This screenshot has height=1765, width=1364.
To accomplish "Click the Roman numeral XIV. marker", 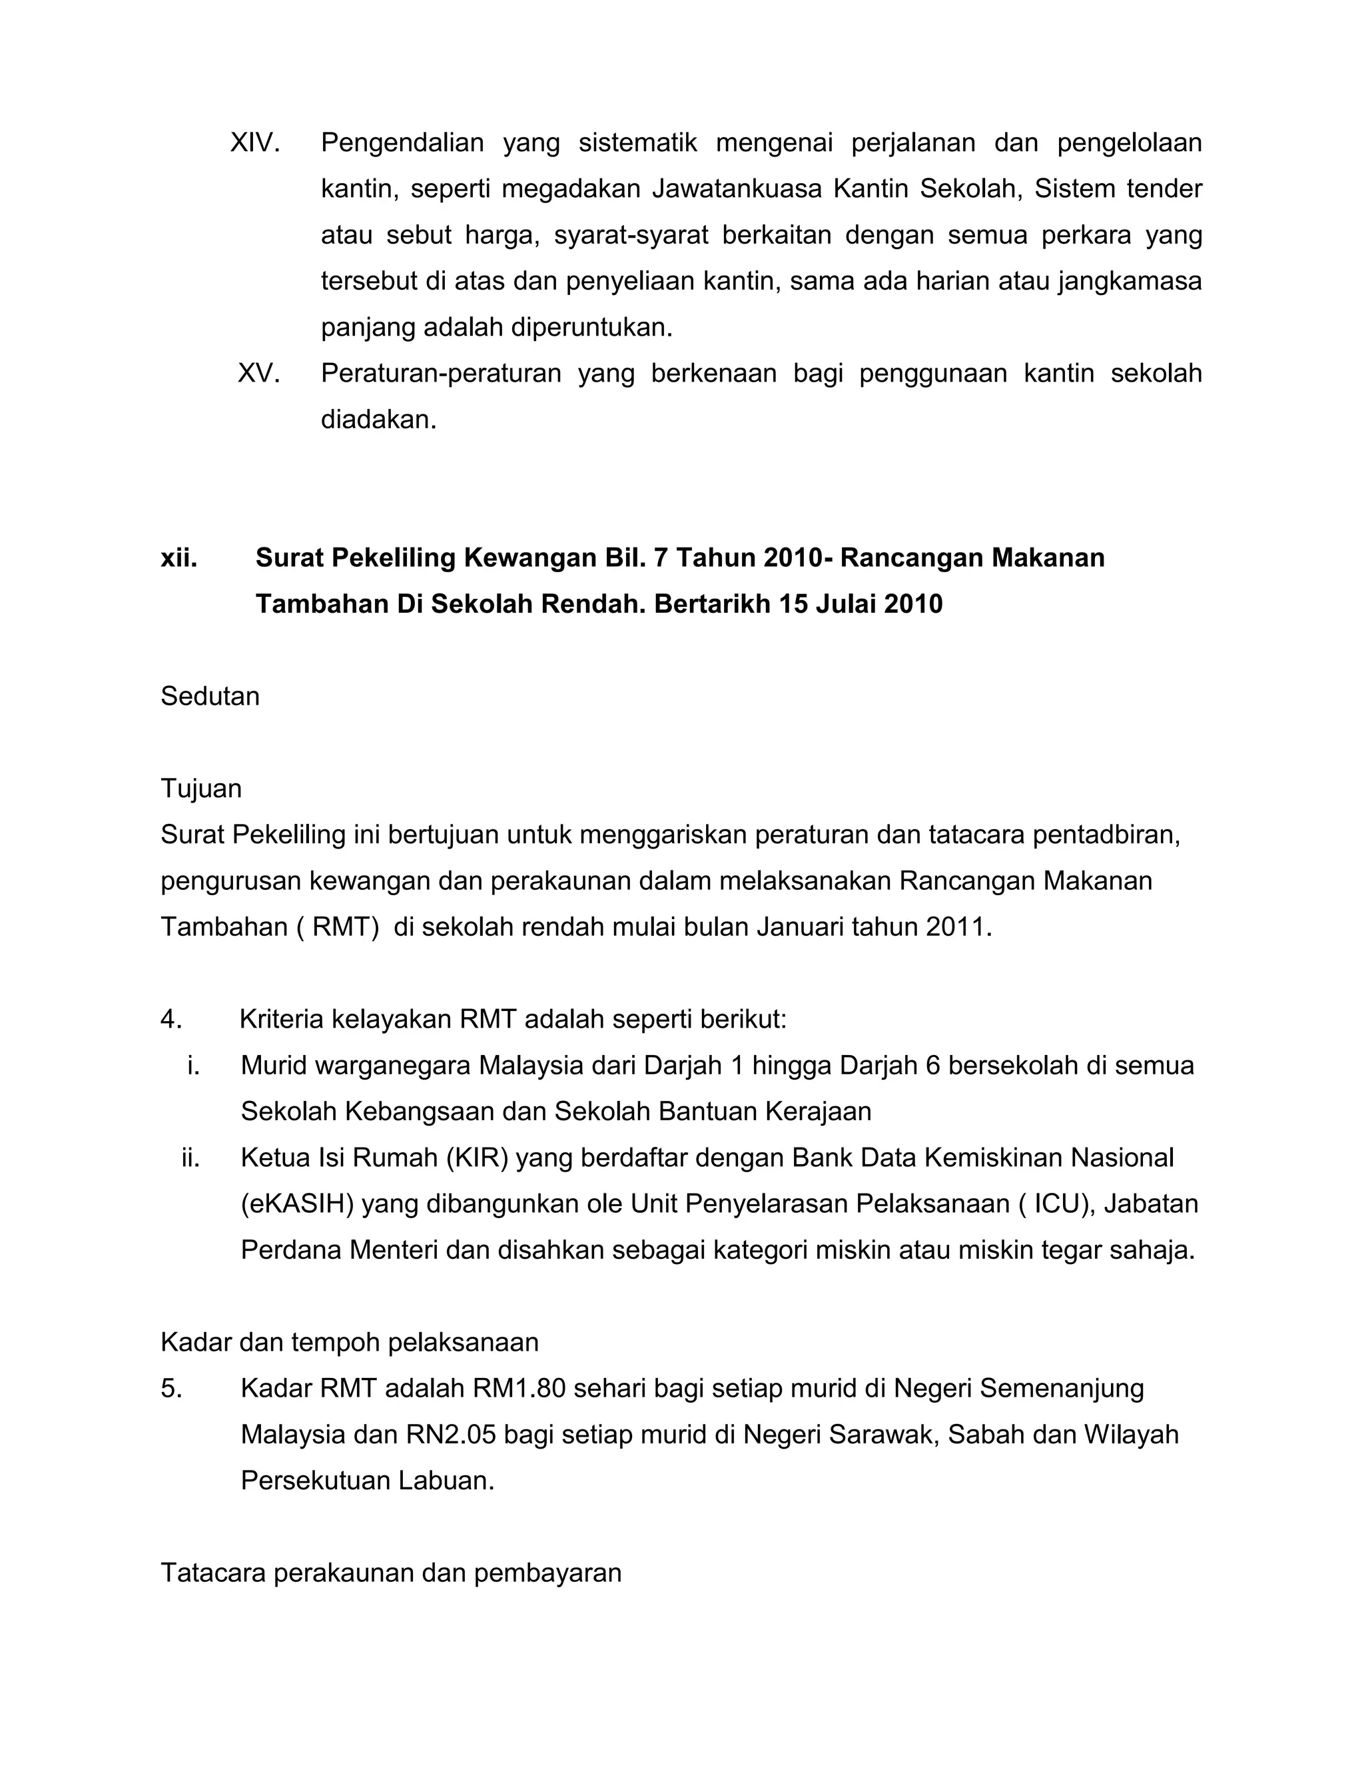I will (x=254, y=143).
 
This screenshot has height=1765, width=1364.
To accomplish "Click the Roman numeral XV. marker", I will (x=258, y=374).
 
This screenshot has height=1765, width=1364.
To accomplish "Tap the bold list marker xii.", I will (x=178, y=557).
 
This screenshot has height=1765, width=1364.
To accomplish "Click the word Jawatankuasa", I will (x=736, y=189).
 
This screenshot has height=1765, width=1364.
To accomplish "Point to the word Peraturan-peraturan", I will (x=440, y=374).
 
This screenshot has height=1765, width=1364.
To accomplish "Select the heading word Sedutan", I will (x=210, y=696).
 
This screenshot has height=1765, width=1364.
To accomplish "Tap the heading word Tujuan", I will (x=201, y=788).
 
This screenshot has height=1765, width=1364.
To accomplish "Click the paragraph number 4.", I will (x=170, y=1019).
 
